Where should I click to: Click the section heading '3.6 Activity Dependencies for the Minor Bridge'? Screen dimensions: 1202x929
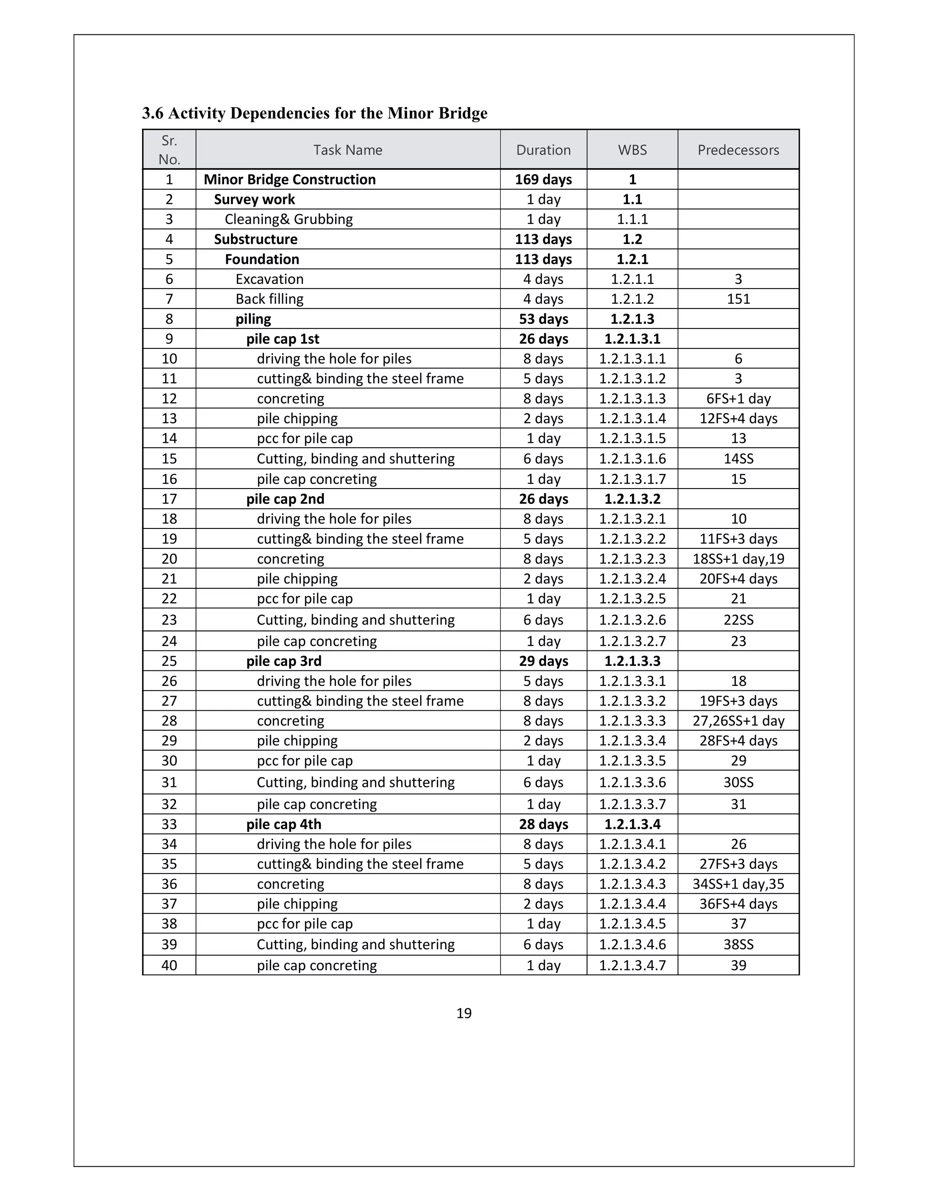pos(314,113)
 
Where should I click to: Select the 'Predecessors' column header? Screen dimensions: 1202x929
pos(738,150)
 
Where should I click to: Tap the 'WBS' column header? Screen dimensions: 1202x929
pos(632,150)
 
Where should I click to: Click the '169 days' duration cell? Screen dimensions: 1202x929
pos(543,180)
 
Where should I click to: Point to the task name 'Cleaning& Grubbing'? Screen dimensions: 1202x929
pos(288,219)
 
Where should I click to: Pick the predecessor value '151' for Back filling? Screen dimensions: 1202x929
pos(738,299)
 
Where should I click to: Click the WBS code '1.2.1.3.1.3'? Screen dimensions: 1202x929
pos(632,398)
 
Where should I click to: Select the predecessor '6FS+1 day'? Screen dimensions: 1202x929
pos(738,398)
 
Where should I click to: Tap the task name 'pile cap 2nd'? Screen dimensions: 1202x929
pos(285,498)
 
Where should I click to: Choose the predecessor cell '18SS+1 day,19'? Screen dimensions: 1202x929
pos(738,559)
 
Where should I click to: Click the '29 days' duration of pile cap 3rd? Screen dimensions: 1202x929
pos(543,661)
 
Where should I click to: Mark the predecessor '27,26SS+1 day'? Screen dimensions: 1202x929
pos(738,720)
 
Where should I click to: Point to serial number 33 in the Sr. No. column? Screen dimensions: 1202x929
pos(169,824)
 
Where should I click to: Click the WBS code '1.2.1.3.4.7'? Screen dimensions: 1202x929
pos(632,965)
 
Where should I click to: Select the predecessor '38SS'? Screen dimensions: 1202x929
pos(738,944)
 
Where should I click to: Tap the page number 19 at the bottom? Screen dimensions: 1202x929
pos(464,1013)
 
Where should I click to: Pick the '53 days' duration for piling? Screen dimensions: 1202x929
pos(543,319)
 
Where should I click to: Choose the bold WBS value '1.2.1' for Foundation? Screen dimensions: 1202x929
pos(632,259)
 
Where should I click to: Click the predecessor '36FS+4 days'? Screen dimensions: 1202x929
pos(738,904)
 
